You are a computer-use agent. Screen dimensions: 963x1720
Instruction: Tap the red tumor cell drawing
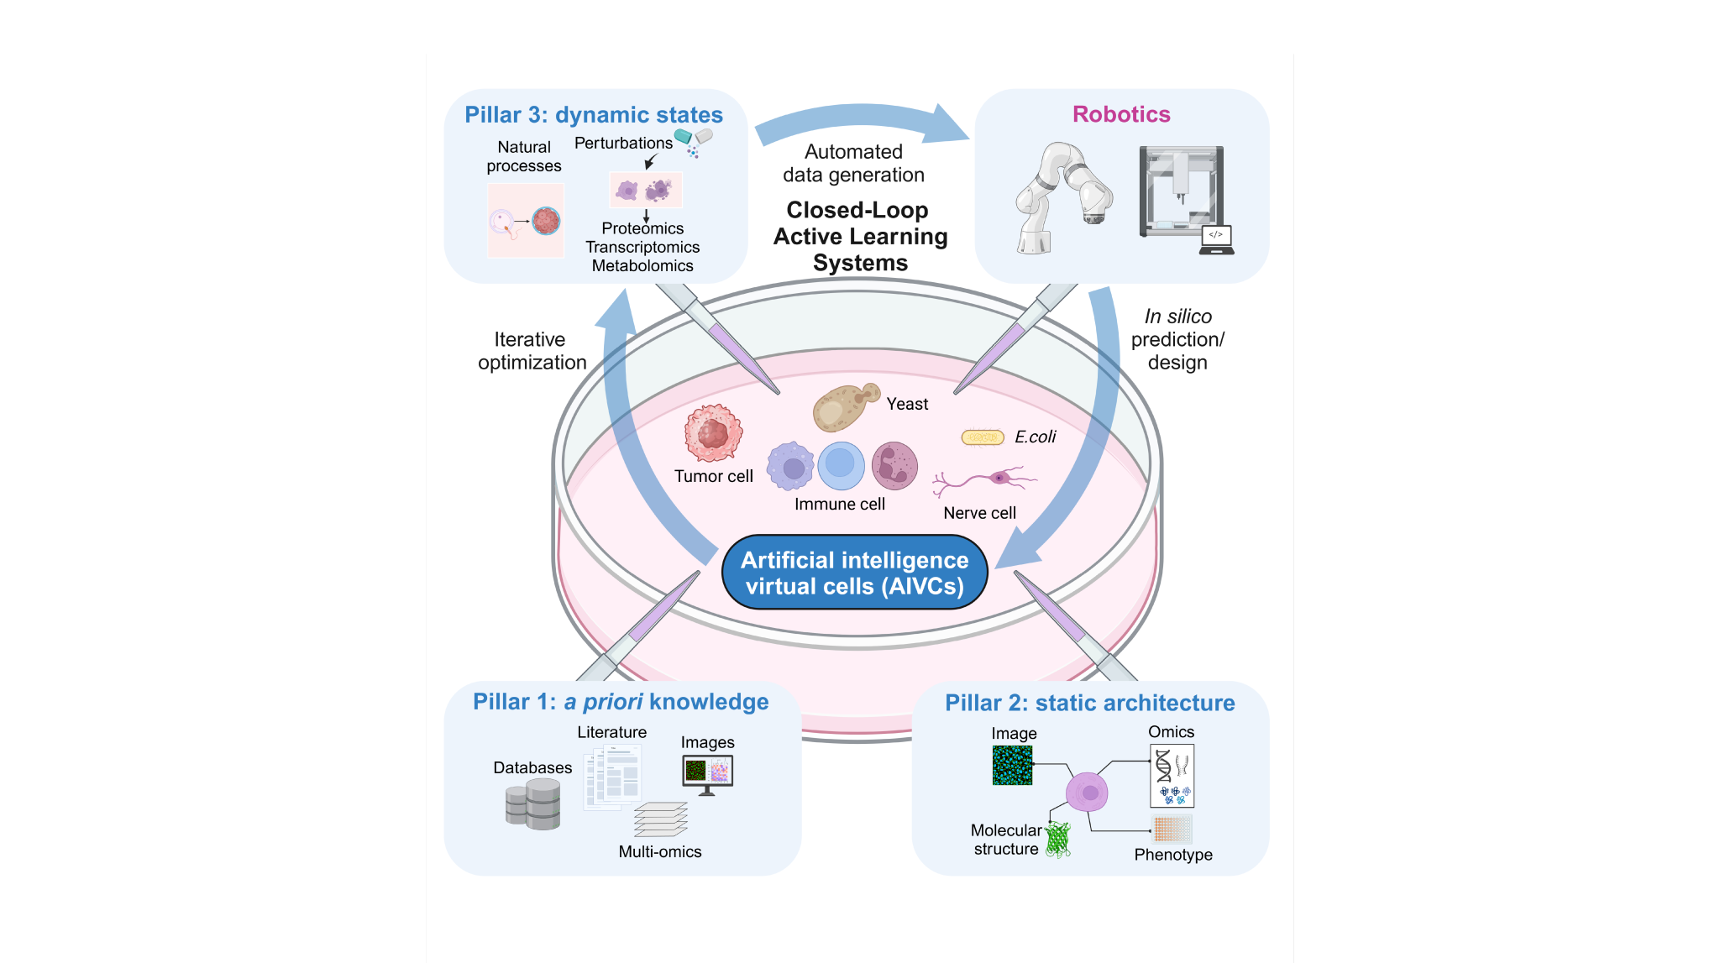[713, 433]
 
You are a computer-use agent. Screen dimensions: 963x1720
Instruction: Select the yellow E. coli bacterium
[983, 437]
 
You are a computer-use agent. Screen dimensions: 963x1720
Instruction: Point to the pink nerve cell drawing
[991, 480]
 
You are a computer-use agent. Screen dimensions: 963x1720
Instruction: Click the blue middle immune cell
[841, 465]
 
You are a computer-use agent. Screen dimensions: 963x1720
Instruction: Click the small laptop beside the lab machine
[1216, 239]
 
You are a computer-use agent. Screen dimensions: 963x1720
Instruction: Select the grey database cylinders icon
[533, 803]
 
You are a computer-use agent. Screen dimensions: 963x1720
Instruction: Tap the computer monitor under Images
[708, 772]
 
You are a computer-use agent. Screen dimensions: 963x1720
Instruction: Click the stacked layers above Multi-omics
[661, 819]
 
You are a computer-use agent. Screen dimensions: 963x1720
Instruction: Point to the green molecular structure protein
[1058, 839]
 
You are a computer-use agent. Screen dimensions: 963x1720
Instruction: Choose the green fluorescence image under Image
[1012, 765]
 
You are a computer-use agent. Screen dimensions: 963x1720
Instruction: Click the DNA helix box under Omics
[1172, 775]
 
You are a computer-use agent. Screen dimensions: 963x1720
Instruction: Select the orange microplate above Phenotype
[1171, 829]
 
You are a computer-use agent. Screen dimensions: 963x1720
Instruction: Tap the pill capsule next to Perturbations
[695, 136]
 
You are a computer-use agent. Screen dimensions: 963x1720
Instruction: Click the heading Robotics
[1120, 114]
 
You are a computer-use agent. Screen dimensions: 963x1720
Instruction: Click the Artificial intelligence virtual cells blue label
[854, 573]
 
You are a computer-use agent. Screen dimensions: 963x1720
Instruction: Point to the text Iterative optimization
[532, 351]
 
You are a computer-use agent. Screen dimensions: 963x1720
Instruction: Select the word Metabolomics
[642, 265]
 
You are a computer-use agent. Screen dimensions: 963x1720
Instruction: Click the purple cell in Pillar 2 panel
[1087, 792]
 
